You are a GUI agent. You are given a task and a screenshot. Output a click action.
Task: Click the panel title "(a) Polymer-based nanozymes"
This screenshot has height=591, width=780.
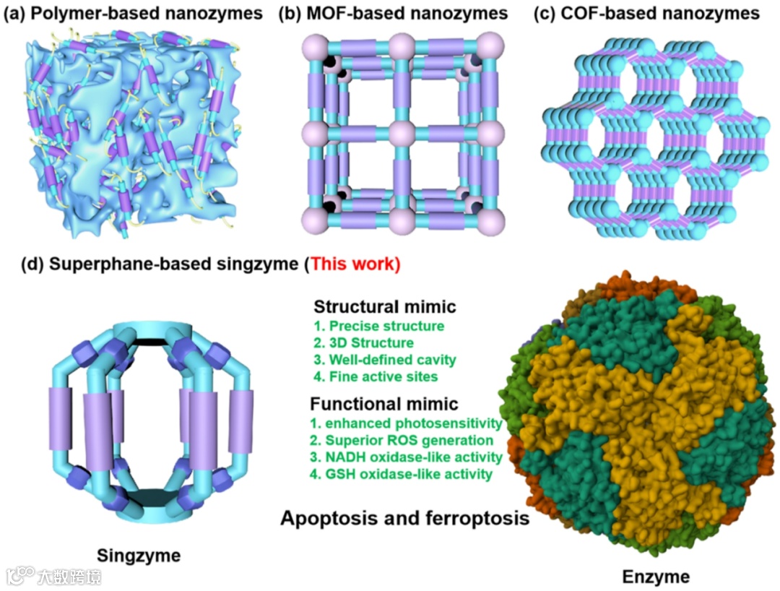click(x=133, y=14)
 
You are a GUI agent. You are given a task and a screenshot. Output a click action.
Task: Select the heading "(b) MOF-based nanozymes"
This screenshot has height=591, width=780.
click(x=394, y=14)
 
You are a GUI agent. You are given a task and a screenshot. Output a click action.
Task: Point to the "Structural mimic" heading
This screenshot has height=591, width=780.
click(x=385, y=306)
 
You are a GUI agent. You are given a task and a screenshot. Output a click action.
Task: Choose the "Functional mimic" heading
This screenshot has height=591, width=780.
click(x=383, y=404)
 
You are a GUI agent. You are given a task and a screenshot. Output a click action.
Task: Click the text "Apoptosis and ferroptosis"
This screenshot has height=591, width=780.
click(x=405, y=518)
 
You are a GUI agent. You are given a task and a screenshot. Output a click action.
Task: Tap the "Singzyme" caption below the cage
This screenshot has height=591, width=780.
click(x=138, y=556)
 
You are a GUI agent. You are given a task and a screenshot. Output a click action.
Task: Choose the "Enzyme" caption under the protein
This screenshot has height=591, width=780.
click(x=656, y=577)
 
